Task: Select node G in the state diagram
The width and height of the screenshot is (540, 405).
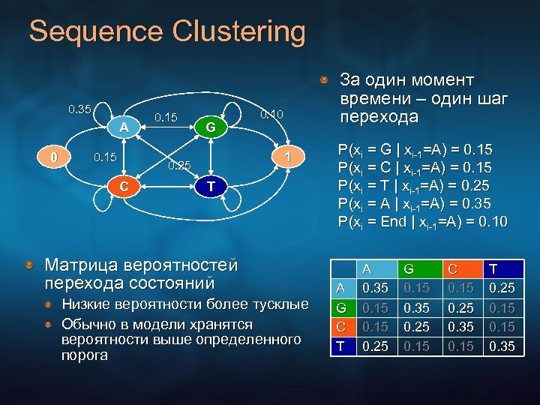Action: (211, 127)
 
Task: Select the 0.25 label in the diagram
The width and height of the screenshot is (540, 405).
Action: (179, 165)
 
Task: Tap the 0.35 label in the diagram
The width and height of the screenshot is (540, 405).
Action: (80, 109)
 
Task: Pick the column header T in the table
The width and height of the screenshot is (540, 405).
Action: (493, 268)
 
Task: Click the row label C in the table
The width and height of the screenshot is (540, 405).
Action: (340, 327)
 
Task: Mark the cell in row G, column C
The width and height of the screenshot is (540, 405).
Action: (460, 307)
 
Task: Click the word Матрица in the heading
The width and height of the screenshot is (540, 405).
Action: (85, 265)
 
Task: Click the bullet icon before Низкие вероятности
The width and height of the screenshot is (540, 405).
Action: (47, 304)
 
